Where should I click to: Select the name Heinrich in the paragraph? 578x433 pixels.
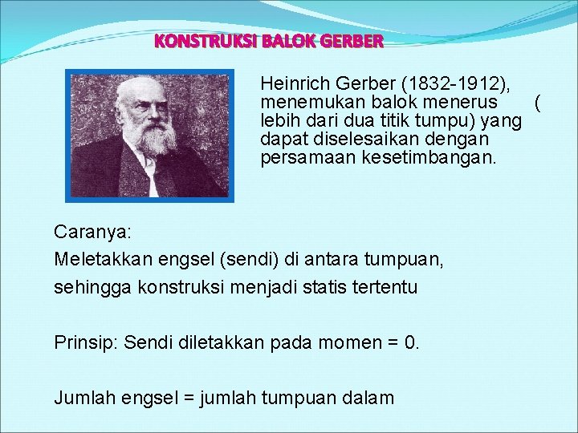point(294,83)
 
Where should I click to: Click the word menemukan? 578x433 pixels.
point(303,103)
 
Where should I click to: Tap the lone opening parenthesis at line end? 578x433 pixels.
point(537,103)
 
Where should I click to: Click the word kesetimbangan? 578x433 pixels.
point(446,158)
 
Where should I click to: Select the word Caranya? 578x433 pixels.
point(92,232)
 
